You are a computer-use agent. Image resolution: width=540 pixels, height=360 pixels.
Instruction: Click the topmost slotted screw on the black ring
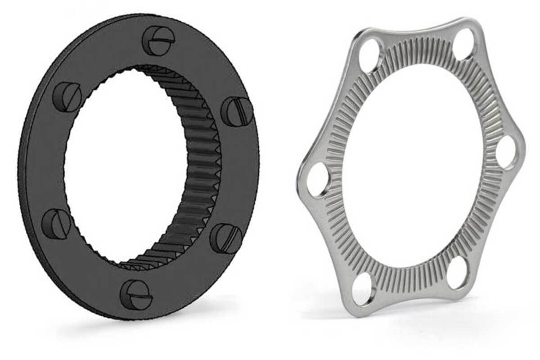[x=158, y=40]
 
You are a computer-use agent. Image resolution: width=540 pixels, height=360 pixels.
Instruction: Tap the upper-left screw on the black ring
[x=67, y=97]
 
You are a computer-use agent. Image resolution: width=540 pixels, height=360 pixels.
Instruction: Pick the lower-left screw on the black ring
[x=56, y=224]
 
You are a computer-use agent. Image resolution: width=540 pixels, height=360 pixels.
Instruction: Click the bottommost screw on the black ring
[x=136, y=295]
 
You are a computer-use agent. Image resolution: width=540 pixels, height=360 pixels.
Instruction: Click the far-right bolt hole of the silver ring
[x=507, y=152]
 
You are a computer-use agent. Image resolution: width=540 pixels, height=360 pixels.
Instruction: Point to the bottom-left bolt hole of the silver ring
[x=363, y=288]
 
